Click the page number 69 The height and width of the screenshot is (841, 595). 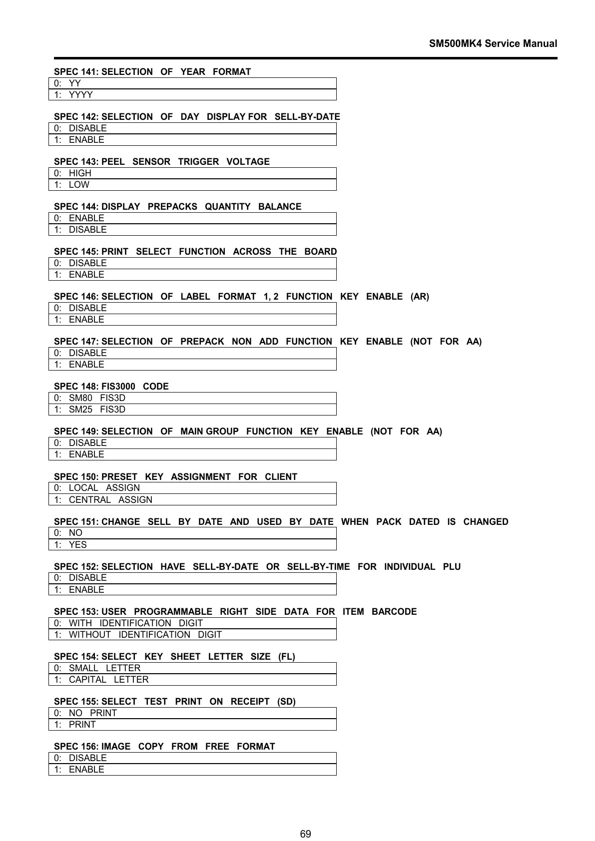[x=305, y=820]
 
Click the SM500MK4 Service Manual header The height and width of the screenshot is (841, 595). [x=493, y=43]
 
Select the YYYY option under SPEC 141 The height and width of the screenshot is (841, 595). [x=80, y=95]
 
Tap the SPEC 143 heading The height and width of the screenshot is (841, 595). [x=161, y=161]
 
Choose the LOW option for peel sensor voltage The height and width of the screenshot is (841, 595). [x=79, y=185]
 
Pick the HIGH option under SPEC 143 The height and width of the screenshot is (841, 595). [x=80, y=173]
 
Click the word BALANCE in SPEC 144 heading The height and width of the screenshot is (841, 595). [x=280, y=207]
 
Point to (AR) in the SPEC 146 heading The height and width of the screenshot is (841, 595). [x=420, y=297]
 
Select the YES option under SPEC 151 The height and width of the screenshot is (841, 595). [x=77, y=545]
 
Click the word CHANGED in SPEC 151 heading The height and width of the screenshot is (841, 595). [x=486, y=522]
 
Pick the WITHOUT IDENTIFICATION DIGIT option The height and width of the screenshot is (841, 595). [x=145, y=635]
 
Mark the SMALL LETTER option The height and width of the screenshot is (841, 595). [x=104, y=668]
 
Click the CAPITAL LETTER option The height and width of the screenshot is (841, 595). [x=108, y=680]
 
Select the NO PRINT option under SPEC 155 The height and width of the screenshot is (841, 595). [x=92, y=713]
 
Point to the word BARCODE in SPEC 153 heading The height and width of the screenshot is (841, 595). [x=394, y=612]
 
